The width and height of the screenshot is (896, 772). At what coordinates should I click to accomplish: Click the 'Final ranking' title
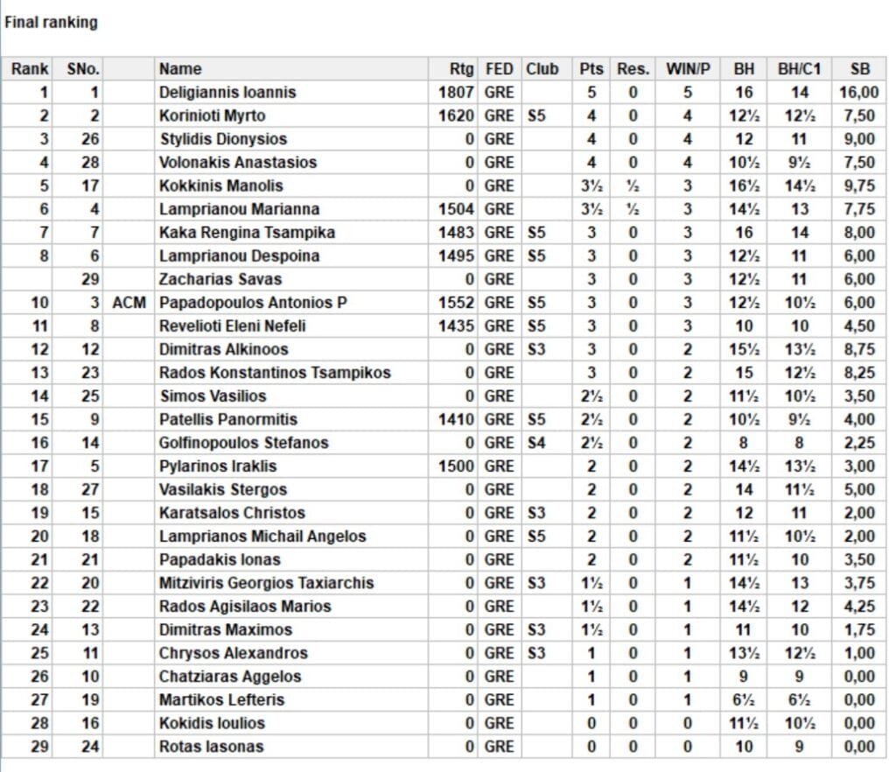(51, 24)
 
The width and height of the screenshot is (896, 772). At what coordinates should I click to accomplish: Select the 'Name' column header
(180, 69)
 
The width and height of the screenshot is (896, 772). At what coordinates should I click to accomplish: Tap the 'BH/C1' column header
(799, 69)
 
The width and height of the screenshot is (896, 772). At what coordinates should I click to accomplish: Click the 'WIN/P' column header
(688, 69)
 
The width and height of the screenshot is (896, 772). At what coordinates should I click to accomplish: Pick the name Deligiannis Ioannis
(227, 92)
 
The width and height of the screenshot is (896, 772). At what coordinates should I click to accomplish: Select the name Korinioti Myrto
(212, 116)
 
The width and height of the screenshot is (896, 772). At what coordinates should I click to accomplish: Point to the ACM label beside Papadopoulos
(129, 303)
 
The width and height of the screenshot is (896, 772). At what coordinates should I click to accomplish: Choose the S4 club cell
(536, 443)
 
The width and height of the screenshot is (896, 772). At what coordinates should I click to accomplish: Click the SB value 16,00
(859, 92)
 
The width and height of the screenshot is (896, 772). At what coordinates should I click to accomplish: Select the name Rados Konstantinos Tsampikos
(275, 373)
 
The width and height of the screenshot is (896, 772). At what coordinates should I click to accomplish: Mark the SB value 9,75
(861, 186)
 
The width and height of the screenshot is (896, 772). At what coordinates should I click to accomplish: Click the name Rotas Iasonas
(211, 747)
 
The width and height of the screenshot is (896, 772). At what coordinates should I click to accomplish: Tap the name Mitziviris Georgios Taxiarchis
(266, 583)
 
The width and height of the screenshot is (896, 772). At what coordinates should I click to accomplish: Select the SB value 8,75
(861, 349)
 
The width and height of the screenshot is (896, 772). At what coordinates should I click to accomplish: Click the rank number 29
(39, 747)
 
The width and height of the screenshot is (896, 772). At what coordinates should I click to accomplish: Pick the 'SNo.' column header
(84, 69)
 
